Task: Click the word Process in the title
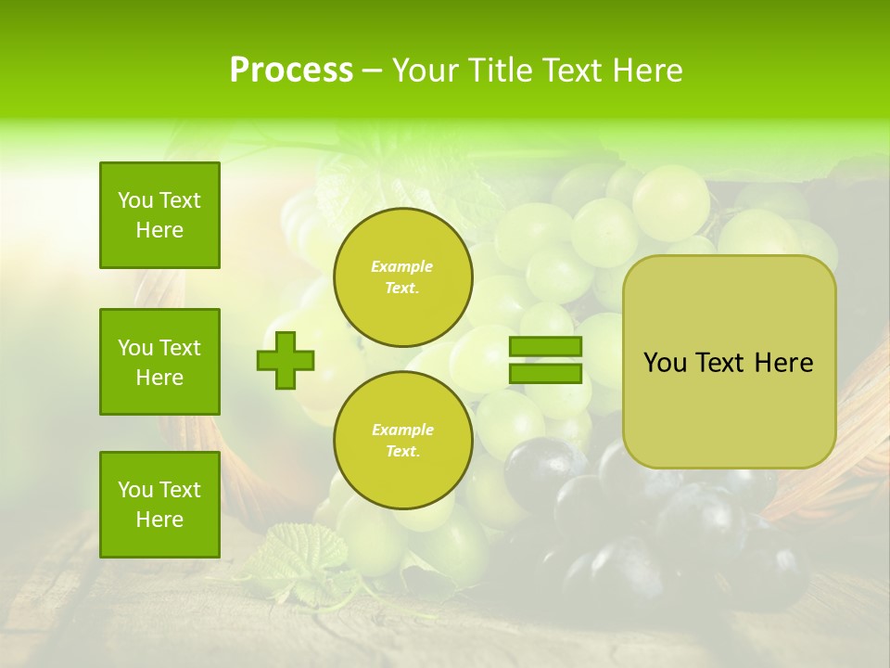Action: click(x=291, y=71)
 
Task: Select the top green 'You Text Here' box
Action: click(x=159, y=215)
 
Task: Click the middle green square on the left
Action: click(x=159, y=362)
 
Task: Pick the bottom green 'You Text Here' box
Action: click(x=159, y=505)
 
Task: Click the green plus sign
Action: click(x=286, y=360)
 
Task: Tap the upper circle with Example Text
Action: click(x=402, y=276)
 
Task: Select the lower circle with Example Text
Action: click(x=402, y=440)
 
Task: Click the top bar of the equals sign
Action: click(x=545, y=347)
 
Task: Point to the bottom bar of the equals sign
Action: click(x=545, y=374)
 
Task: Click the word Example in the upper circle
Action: click(x=402, y=266)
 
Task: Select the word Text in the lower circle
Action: click(x=402, y=451)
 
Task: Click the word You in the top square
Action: click(x=134, y=200)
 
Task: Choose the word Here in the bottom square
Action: click(x=159, y=520)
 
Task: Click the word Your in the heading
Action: click(x=424, y=71)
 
